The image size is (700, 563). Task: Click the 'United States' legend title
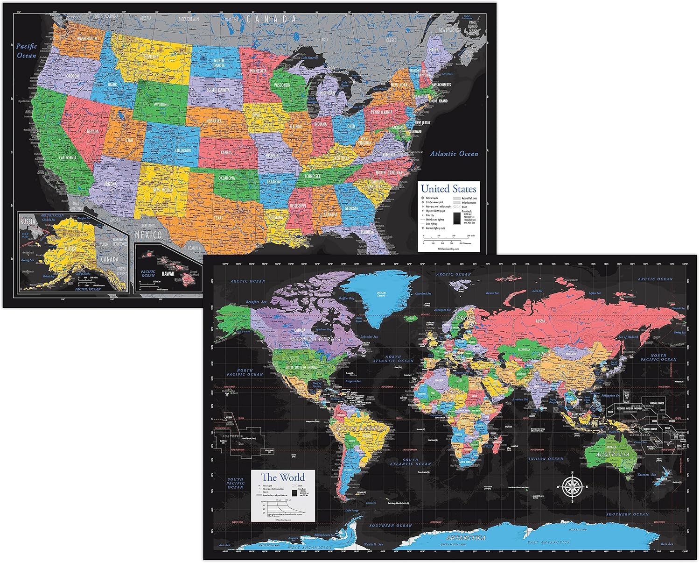tap(448, 189)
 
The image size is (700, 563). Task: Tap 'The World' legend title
tap(283, 477)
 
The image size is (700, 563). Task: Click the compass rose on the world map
tap(570, 487)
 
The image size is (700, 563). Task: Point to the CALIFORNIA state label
tap(68, 158)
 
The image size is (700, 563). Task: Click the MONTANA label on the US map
tap(151, 57)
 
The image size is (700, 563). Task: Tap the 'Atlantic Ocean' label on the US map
tap(454, 154)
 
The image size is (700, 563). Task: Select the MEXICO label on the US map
tap(148, 235)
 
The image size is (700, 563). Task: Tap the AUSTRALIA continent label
tap(612, 454)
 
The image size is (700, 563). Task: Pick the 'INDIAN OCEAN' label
tap(546, 459)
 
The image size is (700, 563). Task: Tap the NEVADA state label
tap(92, 131)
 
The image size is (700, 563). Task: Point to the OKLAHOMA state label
tap(226, 178)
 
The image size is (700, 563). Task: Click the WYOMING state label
tap(161, 105)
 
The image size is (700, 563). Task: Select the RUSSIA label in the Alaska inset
tap(28, 222)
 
